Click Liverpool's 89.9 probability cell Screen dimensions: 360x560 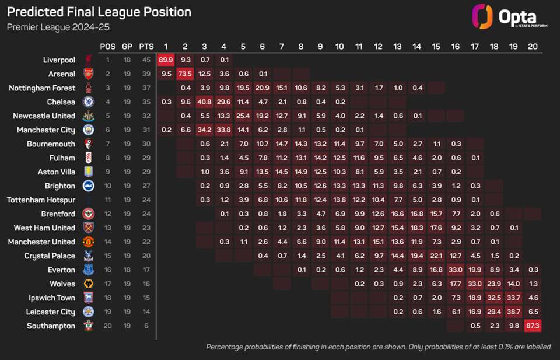click(166, 60)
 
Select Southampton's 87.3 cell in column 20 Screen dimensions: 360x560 click(532, 326)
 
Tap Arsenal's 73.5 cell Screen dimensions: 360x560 click(185, 74)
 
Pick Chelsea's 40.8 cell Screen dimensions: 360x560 click(204, 102)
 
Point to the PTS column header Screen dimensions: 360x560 click(146, 46)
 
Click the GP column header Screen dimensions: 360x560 click(127, 46)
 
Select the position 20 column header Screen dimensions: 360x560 click(532, 46)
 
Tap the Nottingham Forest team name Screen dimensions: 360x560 click(42, 88)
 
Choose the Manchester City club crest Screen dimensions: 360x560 click(88, 130)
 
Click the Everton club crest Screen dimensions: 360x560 click(88, 270)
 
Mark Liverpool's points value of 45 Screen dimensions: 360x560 click(146, 60)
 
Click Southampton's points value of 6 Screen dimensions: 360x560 click(146, 326)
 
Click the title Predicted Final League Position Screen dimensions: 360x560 click(99, 12)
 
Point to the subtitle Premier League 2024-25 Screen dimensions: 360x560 click(58, 27)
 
